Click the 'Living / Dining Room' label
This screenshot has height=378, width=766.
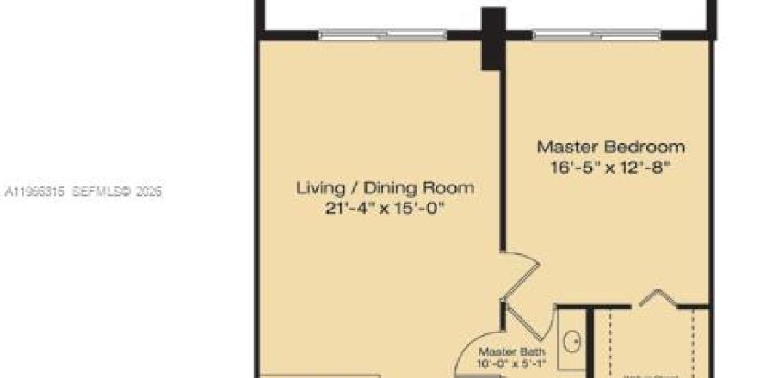click(x=385, y=187)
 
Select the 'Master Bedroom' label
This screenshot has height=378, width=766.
click(x=611, y=146)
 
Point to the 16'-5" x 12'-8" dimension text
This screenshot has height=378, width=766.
click(x=611, y=166)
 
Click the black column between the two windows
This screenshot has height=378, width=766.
click(x=492, y=39)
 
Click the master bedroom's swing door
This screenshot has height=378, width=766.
click(x=520, y=271)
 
